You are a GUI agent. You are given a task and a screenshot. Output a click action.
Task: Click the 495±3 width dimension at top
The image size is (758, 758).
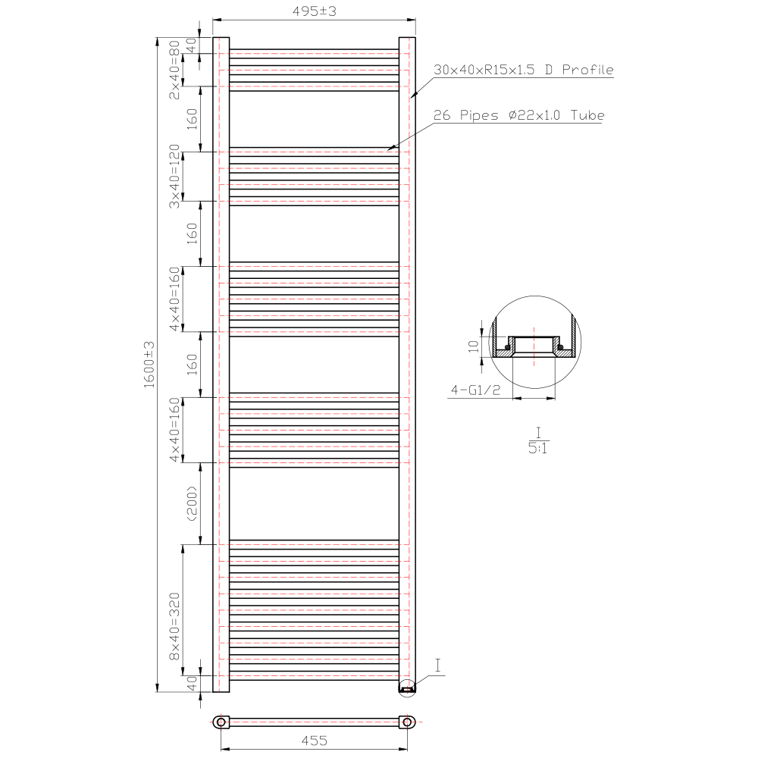pos(315,12)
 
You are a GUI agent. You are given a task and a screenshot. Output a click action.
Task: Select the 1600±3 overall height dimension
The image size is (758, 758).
pos(149,365)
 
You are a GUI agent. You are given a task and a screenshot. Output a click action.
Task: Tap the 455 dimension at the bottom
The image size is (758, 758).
pos(315,741)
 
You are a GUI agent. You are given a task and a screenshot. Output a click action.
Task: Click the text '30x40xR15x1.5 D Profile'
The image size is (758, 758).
pos(523,70)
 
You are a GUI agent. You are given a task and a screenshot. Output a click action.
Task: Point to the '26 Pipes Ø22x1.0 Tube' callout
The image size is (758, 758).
pos(518,116)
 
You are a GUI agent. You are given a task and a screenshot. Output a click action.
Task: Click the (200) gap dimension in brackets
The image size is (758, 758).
pos(192,503)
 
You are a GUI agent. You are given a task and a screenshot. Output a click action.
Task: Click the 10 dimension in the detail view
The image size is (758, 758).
pos(474,346)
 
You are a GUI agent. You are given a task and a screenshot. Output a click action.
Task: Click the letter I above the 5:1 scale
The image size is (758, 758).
pos(538,432)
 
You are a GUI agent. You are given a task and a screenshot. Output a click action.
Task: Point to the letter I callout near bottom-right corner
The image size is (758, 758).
pos(439,666)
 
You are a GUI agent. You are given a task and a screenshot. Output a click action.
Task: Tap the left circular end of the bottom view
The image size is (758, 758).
pos(221,722)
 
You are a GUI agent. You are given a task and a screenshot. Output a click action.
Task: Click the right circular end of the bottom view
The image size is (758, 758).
pos(408,722)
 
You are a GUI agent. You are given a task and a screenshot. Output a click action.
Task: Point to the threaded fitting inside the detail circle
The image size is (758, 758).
pos(534,347)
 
